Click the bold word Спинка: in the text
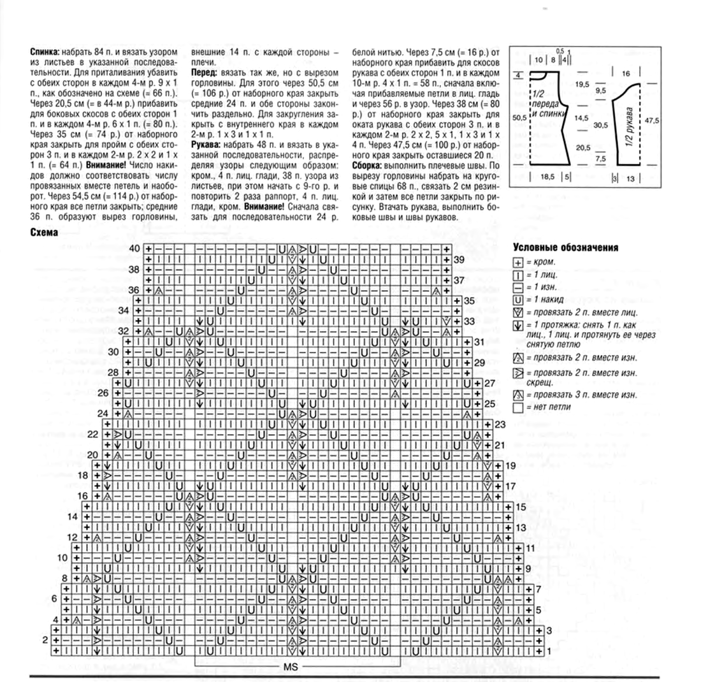coord(45,50)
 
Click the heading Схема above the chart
coord(44,233)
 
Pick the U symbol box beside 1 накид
coord(517,299)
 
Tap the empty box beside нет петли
coord(517,407)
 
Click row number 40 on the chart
coord(134,247)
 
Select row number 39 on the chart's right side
coord(458,260)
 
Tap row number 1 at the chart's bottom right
coord(549,651)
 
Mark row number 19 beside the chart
coord(510,466)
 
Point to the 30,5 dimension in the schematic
coord(600,125)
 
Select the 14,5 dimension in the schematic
coord(581,119)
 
